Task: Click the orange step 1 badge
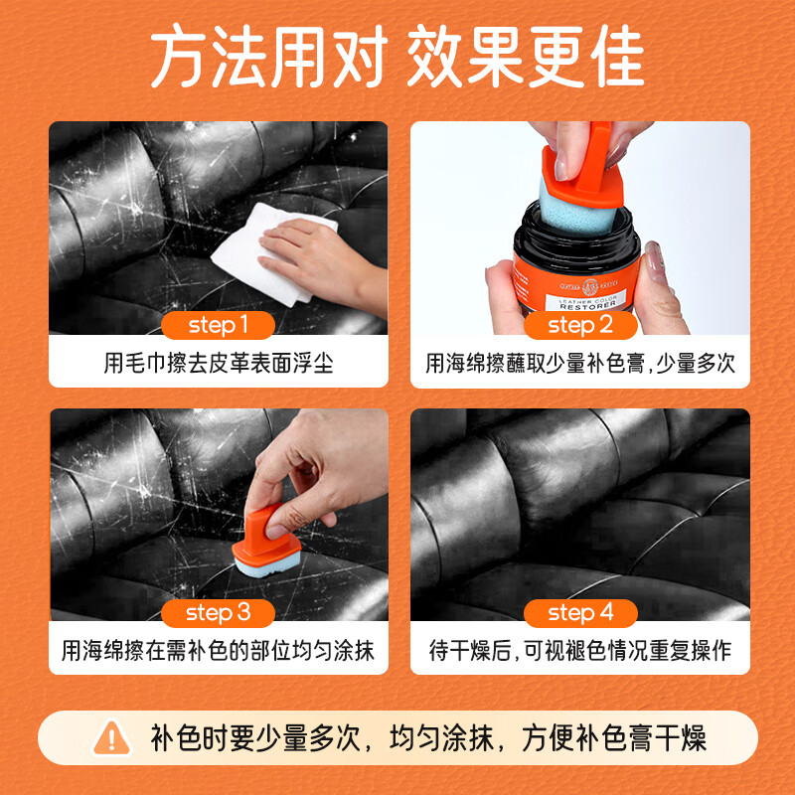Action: click(x=218, y=325)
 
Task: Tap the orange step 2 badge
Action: click(x=580, y=325)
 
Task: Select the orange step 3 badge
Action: click(x=218, y=613)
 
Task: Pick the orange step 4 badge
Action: click(x=580, y=613)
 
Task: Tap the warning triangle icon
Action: click(x=111, y=738)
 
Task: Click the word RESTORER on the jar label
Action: click(x=587, y=306)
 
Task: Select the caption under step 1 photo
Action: click(x=219, y=363)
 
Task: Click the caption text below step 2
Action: click(x=580, y=363)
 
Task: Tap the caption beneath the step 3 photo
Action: click(x=218, y=651)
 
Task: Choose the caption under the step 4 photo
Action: click(x=580, y=651)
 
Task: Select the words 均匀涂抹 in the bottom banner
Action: click(x=441, y=738)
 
